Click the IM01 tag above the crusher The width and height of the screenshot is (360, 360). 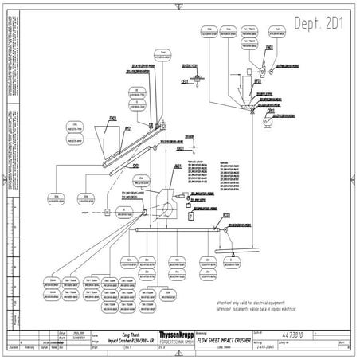(x=177, y=166)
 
